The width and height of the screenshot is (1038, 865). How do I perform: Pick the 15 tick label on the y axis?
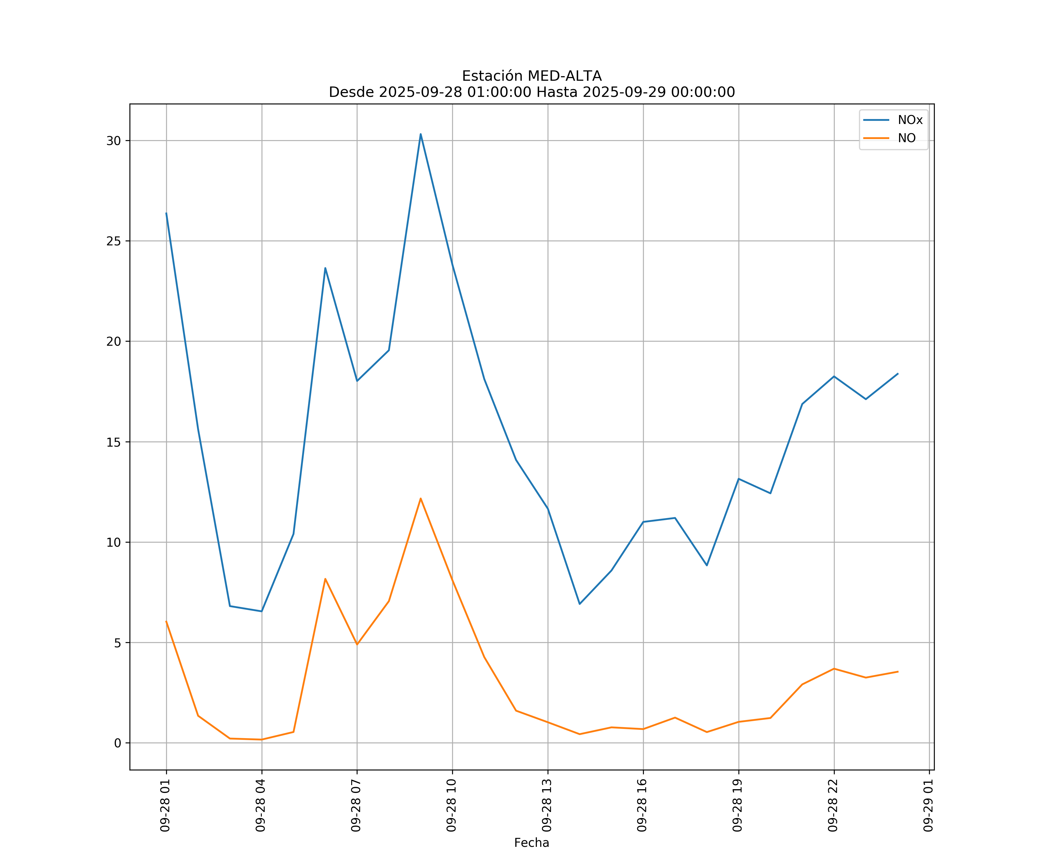(114, 442)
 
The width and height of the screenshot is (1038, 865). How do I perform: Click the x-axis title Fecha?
(531, 843)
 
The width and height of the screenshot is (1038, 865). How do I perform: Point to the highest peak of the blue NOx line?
(421, 134)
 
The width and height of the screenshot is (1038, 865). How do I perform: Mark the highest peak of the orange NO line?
(421, 498)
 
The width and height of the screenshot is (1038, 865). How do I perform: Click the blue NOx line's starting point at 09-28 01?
(166, 213)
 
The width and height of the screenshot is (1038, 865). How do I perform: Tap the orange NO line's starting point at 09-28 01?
(166, 621)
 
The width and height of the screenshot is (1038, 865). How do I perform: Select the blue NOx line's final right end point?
(898, 374)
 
